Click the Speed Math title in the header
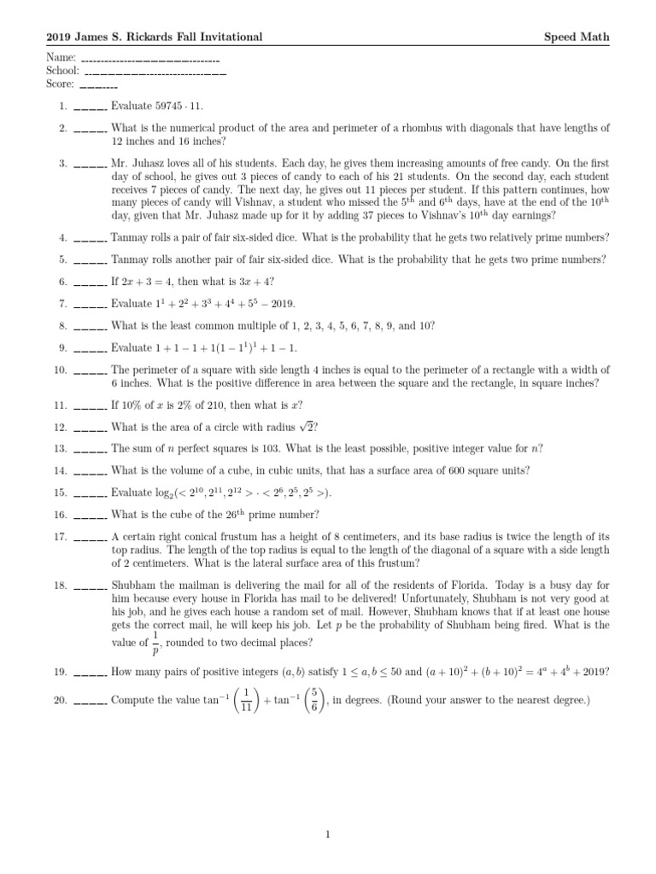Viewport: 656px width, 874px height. pyautogui.click(x=577, y=37)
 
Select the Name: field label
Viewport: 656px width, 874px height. pyautogui.click(x=61, y=57)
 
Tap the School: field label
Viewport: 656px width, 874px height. pyautogui.click(x=63, y=71)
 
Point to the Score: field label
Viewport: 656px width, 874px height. pyautogui.click(x=61, y=84)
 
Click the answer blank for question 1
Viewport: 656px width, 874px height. pyautogui.click(x=90, y=108)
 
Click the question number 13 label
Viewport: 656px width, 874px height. pyautogui.click(x=60, y=449)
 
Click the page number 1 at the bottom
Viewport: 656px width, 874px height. pyautogui.click(x=327, y=836)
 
